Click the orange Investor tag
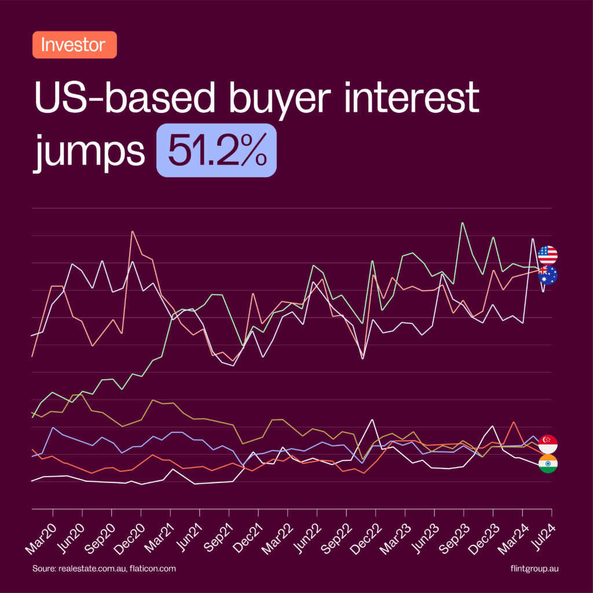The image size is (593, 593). [x=74, y=45]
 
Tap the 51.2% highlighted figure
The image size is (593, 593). [x=217, y=150]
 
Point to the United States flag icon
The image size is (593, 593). [x=547, y=255]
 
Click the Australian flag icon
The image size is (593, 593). [x=547, y=275]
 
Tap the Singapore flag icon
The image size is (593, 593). [x=547, y=444]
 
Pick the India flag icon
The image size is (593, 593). [x=547, y=464]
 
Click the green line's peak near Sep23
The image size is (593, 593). [x=462, y=223]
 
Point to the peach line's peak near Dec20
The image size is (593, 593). [x=132, y=232]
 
